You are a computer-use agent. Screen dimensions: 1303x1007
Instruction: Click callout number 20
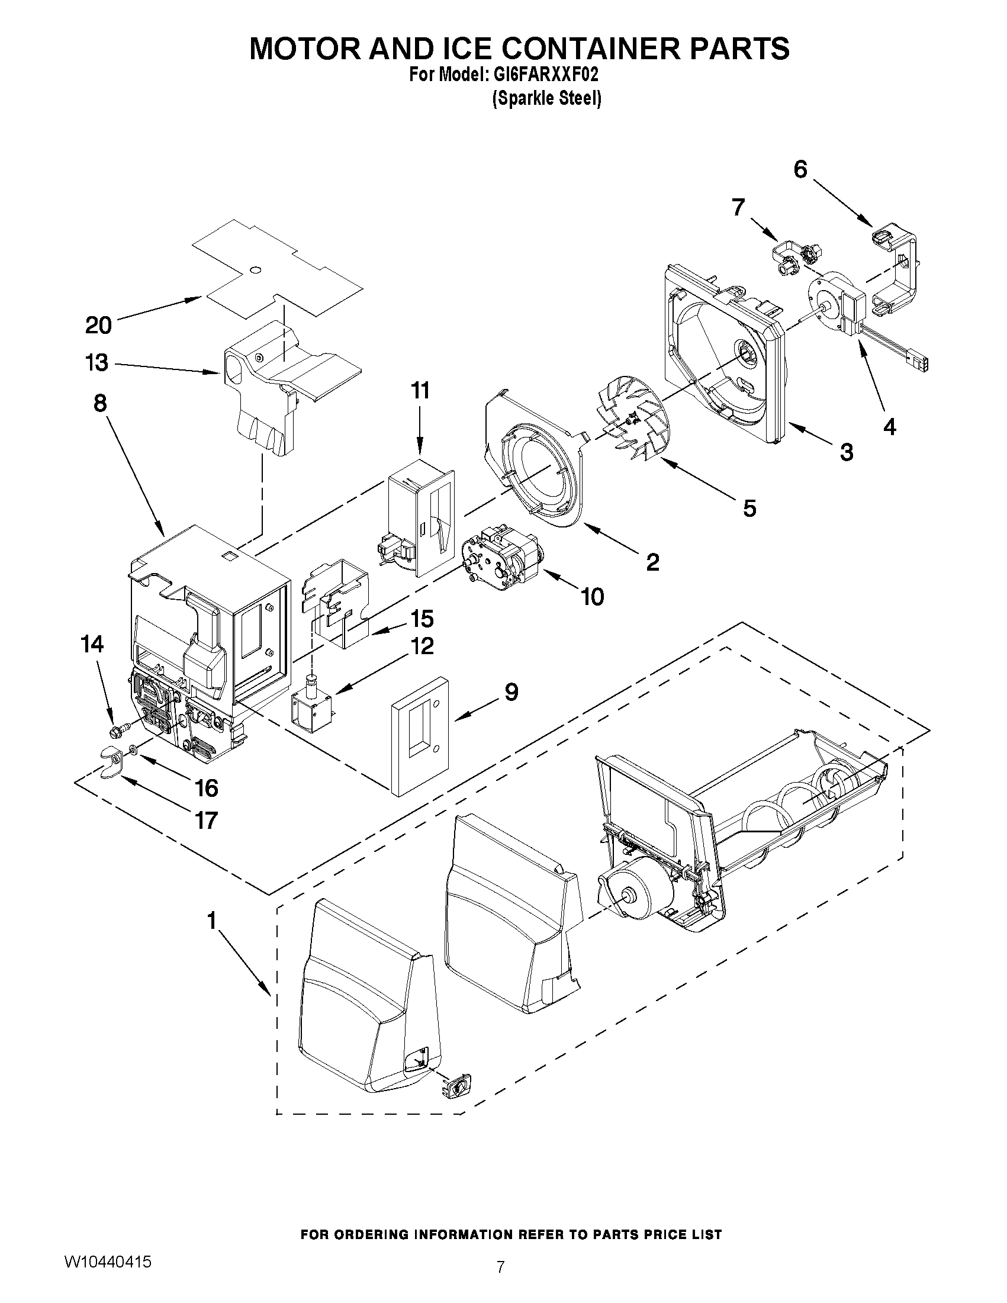click(x=98, y=325)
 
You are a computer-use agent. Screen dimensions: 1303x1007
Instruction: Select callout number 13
click(x=97, y=362)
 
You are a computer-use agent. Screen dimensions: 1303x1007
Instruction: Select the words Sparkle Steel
click(x=546, y=98)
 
